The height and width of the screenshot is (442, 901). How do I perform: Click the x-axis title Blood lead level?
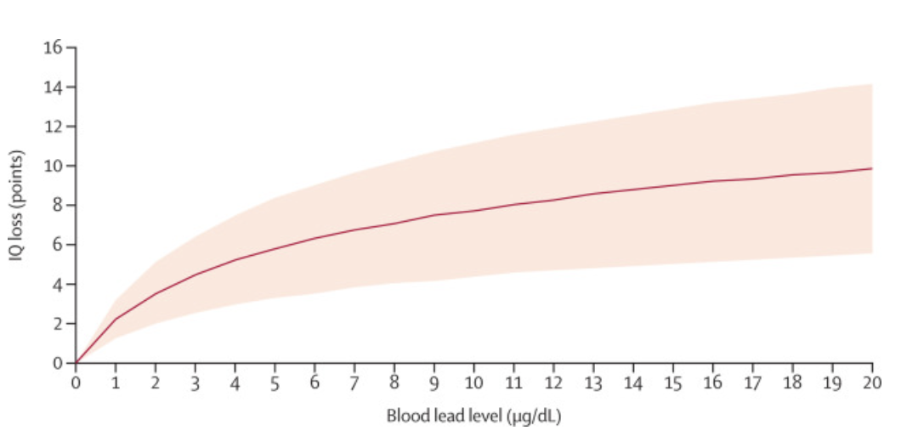446,416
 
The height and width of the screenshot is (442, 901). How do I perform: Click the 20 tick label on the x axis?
872,382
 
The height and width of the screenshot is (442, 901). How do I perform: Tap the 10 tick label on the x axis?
473,382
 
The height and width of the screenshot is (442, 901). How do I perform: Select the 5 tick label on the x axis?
275,382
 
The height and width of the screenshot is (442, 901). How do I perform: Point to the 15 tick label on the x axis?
673,382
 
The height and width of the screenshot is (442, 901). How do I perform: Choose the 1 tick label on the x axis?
116,382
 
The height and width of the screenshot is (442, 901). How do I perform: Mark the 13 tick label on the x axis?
593,382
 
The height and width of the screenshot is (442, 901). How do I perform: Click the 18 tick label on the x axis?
792,382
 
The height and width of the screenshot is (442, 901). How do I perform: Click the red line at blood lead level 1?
116,319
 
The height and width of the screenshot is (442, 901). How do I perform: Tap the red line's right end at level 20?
872,168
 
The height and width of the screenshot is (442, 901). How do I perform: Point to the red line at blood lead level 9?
433,215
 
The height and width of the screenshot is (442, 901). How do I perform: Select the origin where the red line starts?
76,363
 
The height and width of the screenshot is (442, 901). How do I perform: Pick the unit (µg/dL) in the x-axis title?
535,416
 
